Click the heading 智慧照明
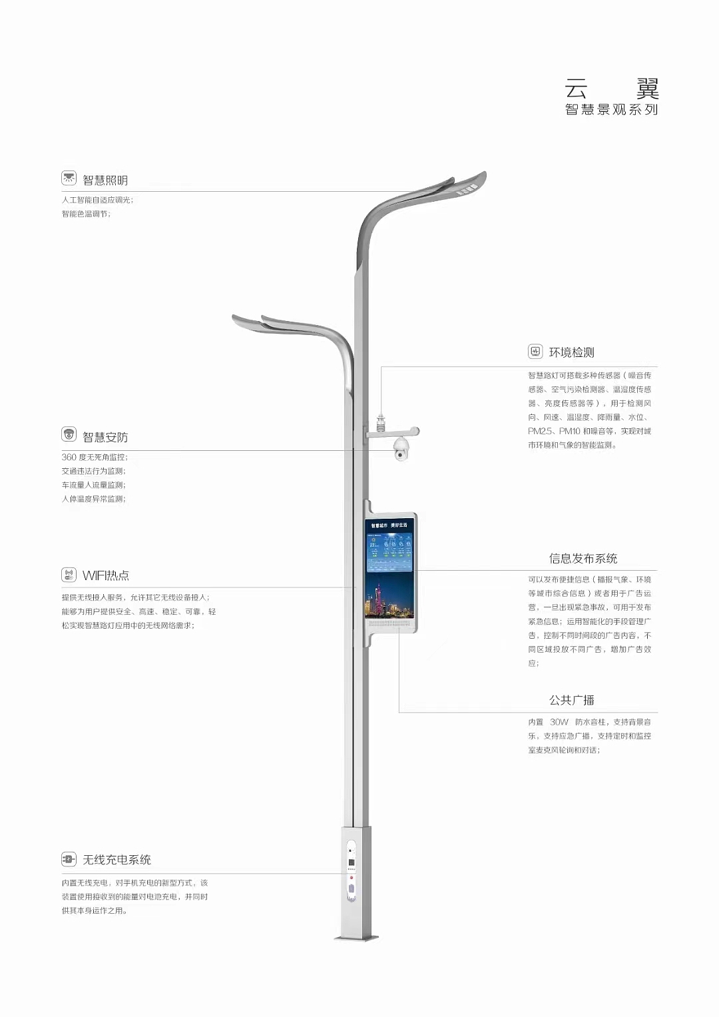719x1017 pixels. pos(105,180)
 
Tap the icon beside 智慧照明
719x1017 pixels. pos(69,178)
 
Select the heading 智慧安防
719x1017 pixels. pos(105,438)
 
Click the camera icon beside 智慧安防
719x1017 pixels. pos(69,435)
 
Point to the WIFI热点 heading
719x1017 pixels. pos(106,575)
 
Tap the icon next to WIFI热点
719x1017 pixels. pos(69,575)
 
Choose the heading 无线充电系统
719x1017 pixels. pos(117,860)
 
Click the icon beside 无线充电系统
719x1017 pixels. pos(69,859)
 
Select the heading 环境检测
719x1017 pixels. pos(571,352)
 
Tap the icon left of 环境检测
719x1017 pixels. pos(535,352)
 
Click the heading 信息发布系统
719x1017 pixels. pos(583,558)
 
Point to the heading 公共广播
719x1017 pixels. pos(571,700)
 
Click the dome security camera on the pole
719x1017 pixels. pos(401,449)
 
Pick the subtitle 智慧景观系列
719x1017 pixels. pos(611,110)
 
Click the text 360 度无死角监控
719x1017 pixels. pos(95,458)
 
